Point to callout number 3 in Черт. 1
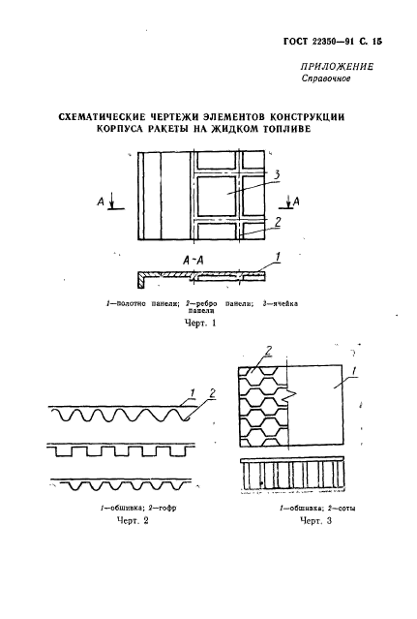pos(277,175)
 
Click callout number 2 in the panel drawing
pos(277,221)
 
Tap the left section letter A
pos(102,201)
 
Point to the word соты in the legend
pos(326,507)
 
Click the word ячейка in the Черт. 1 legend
pos(282,303)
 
